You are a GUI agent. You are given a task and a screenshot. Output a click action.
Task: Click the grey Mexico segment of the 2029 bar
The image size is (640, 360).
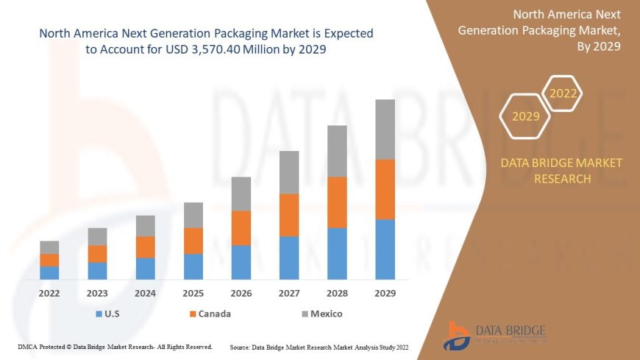[x=385, y=130]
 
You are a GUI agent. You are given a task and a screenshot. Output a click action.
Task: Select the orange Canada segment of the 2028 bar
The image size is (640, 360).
[x=337, y=202]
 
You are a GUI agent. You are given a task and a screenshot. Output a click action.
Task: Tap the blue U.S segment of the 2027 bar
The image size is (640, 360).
[x=289, y=258]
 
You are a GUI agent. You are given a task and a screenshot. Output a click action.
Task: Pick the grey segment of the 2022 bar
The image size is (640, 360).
[x=49, y=247]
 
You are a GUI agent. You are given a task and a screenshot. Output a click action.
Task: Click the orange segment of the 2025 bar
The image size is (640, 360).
[x=193, y=241]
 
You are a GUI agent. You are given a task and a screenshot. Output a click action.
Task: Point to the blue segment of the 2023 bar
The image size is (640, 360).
[x=97, y=271]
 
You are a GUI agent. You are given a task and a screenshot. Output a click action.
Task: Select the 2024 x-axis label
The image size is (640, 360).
[x=145, y=293]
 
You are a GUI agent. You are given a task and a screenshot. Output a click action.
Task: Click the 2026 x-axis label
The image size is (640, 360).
[x=241, y=293]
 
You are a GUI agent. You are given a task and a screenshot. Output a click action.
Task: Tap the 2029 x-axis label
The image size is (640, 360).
[x=385, y=293]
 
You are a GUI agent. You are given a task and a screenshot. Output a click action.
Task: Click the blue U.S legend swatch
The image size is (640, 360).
[x=99, y=314]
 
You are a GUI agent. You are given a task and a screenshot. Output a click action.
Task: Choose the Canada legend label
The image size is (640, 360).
[x=215, y=314]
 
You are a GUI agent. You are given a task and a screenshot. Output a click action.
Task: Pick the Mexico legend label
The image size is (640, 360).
[x=326, y=314]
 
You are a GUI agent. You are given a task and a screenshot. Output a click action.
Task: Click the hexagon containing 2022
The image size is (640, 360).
[x=563, y=93]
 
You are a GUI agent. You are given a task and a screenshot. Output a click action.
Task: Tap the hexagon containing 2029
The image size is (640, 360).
[x=525, y=116]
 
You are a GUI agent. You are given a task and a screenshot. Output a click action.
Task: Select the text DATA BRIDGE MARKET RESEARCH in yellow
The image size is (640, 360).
[x=561, y=171]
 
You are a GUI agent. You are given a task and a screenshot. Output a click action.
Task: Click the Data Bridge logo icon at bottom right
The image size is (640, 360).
[x=457, y=336]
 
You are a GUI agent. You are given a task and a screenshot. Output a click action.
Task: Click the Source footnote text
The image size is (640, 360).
[x=319, y=346]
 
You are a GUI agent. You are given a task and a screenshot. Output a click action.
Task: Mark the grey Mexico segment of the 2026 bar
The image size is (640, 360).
[x=241, y=194]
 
